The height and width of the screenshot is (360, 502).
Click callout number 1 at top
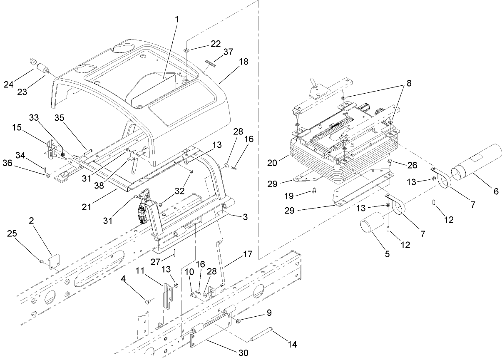177,20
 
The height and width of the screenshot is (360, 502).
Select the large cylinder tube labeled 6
476,163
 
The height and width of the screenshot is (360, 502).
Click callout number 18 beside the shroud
244,62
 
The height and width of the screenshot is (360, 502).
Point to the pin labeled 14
262,334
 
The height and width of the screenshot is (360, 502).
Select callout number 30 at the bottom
243,353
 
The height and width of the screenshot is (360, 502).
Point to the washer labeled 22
186,50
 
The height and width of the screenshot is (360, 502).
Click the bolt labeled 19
313,192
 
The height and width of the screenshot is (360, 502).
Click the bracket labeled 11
168,295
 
